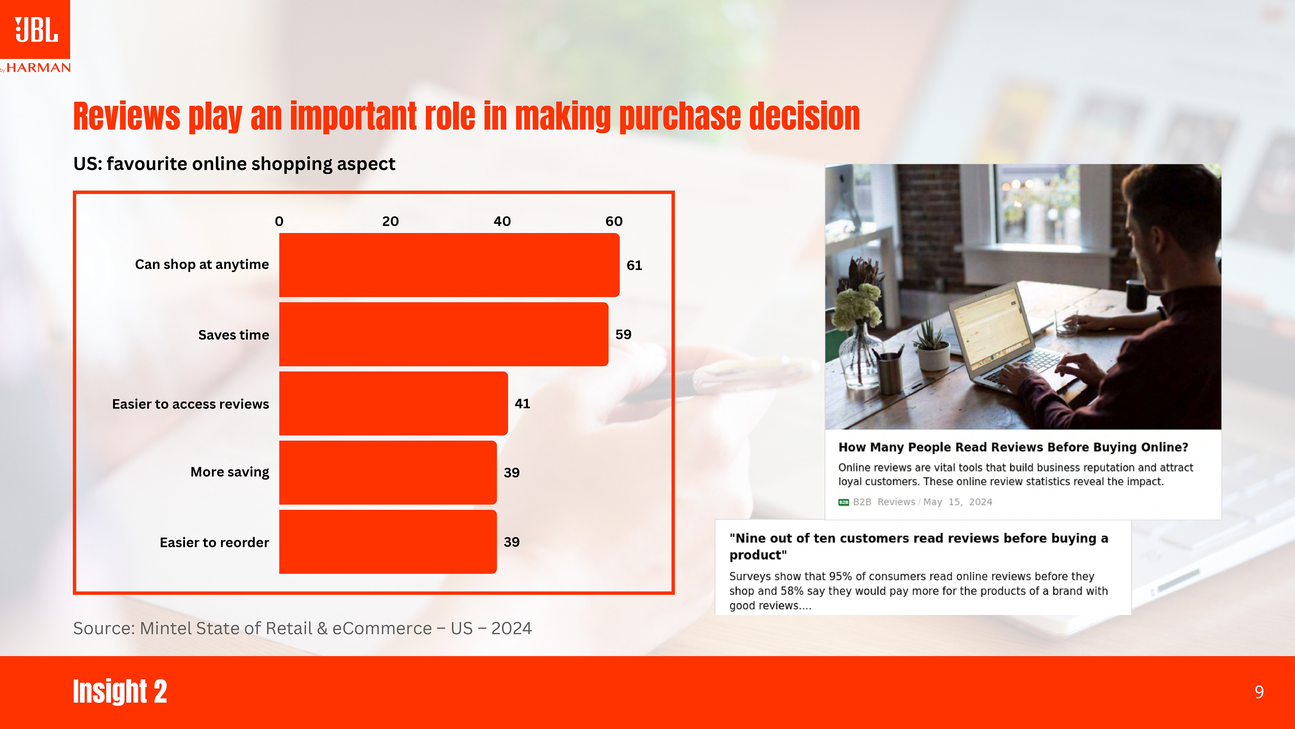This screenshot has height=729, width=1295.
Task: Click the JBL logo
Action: tap(35, 29)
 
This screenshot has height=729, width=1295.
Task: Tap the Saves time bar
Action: tap(443, 334)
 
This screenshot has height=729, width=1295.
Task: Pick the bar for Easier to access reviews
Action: tap(393, 404)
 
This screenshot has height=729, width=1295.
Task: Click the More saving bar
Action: tap(387, 473)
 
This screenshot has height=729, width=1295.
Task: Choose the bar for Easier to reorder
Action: tap(387, 542)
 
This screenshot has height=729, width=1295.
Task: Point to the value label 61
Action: tap(634, 265)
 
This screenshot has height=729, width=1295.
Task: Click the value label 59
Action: tap(623, 334)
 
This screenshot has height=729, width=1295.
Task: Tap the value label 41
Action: tap(522, 404)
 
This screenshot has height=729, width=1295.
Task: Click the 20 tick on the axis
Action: tap(390, 221)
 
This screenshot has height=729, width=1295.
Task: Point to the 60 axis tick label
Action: tap(614, 221)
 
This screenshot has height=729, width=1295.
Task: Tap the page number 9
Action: tap(1259, 692)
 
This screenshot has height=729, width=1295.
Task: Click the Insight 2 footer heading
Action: tap(120, 691)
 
